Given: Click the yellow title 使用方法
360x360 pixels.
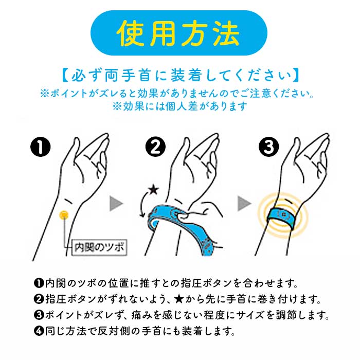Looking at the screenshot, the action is click(x=178, y=33).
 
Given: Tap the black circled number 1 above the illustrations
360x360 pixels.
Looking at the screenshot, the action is click(x=41, y=147).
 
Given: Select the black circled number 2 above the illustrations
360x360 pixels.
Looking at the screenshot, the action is click(x=155, y=147).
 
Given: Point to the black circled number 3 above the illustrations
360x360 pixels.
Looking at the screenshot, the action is click(x=268, y=147).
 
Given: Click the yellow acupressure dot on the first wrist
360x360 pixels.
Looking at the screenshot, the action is click(x=64, y=215).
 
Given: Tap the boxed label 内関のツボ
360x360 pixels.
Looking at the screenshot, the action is click(x=99, y=247).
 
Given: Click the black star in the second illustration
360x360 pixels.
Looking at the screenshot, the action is click(x=153, y=190).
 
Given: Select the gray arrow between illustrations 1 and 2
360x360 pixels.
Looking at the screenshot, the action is click(x=116, y=204).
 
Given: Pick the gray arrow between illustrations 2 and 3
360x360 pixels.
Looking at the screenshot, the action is click(x=244, y=204).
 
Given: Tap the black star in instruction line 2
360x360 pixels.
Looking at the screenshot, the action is click(x=179, y=299).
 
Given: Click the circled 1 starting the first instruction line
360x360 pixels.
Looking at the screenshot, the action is click(x=39, y=283).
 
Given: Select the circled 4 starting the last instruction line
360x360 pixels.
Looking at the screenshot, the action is click(x=39, y=331).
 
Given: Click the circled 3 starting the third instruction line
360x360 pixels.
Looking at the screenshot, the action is click(x=39, y=315).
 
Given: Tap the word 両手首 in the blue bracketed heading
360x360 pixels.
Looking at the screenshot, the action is click(x=128, y=75).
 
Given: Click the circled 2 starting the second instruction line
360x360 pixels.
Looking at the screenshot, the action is click(x=39, y=299).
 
